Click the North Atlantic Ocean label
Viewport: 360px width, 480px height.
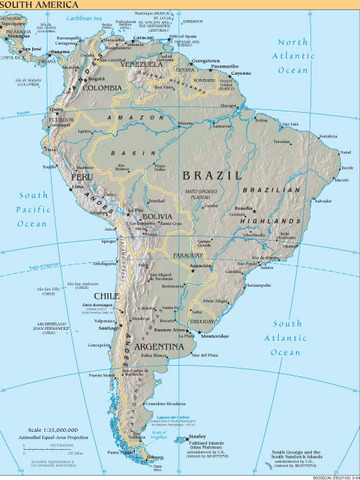[x=307, y=56]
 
